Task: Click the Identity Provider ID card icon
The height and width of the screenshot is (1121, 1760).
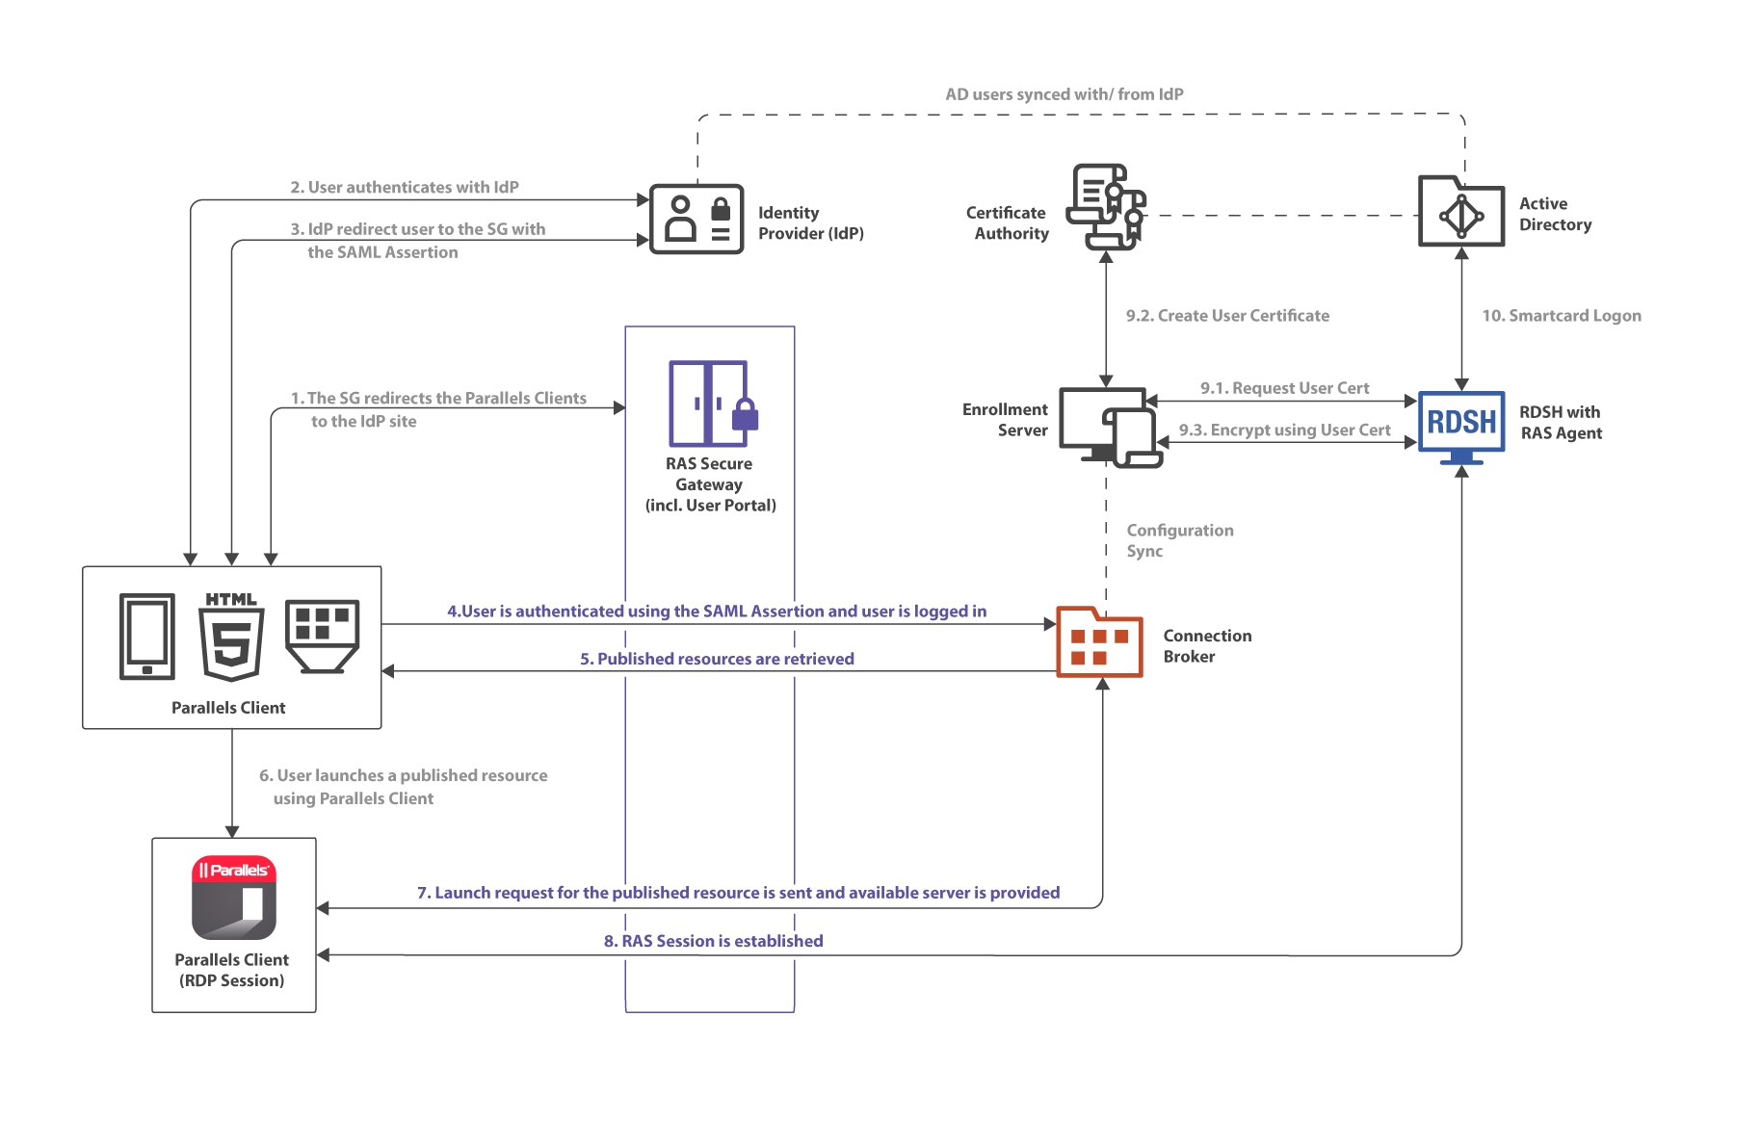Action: point(696,220)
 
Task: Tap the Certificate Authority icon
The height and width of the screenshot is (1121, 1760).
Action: point(1106,206)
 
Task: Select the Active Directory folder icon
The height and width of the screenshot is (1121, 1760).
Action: point(1460,212)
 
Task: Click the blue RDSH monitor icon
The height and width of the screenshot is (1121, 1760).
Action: point(1461,424)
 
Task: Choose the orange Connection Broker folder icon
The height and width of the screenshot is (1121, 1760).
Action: point(1099,642)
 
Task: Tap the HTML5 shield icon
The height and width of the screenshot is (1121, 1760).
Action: point(231,638)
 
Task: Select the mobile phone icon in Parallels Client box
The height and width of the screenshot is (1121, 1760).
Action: point(147,637)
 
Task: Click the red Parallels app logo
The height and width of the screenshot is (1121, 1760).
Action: point(234,898)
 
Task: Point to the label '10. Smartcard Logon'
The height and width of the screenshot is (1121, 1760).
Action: point(1561,316)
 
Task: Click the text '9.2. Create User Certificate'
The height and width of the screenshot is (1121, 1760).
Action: point(1227,316)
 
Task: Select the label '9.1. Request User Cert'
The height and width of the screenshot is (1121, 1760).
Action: point(1284,388)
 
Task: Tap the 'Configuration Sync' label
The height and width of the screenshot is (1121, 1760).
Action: point(1179,540)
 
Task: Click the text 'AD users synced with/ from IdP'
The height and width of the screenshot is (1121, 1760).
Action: point(1064,94)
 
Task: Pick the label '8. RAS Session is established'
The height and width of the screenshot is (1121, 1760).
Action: point(713,941)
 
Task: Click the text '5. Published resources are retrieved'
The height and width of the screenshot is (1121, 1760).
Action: point(717,659)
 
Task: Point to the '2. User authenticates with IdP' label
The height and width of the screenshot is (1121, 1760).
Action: point(405,187)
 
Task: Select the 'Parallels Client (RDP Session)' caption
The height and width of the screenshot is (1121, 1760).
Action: point(231,970)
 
